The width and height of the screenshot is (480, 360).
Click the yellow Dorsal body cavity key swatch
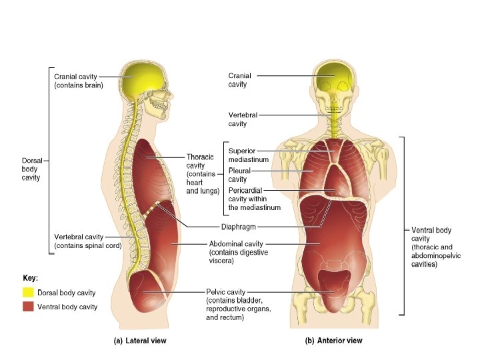click(28, 292)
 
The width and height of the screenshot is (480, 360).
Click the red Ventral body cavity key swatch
click(28, 307)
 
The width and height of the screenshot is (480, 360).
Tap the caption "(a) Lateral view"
click(139, 341)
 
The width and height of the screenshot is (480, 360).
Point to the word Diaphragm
click(239, 227)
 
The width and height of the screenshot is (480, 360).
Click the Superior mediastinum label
click(248, 155)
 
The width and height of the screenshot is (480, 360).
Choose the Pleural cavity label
click(239, 175)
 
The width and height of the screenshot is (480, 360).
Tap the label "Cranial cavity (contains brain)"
click(78, 81)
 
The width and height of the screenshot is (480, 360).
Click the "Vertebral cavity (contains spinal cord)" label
click(87, 241)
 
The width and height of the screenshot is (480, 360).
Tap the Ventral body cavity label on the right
click(432, 247)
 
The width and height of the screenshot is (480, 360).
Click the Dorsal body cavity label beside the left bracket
click(31, 169)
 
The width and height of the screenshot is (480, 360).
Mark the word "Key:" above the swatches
click(30, 277)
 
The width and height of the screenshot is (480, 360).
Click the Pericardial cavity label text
click(254, 199)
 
